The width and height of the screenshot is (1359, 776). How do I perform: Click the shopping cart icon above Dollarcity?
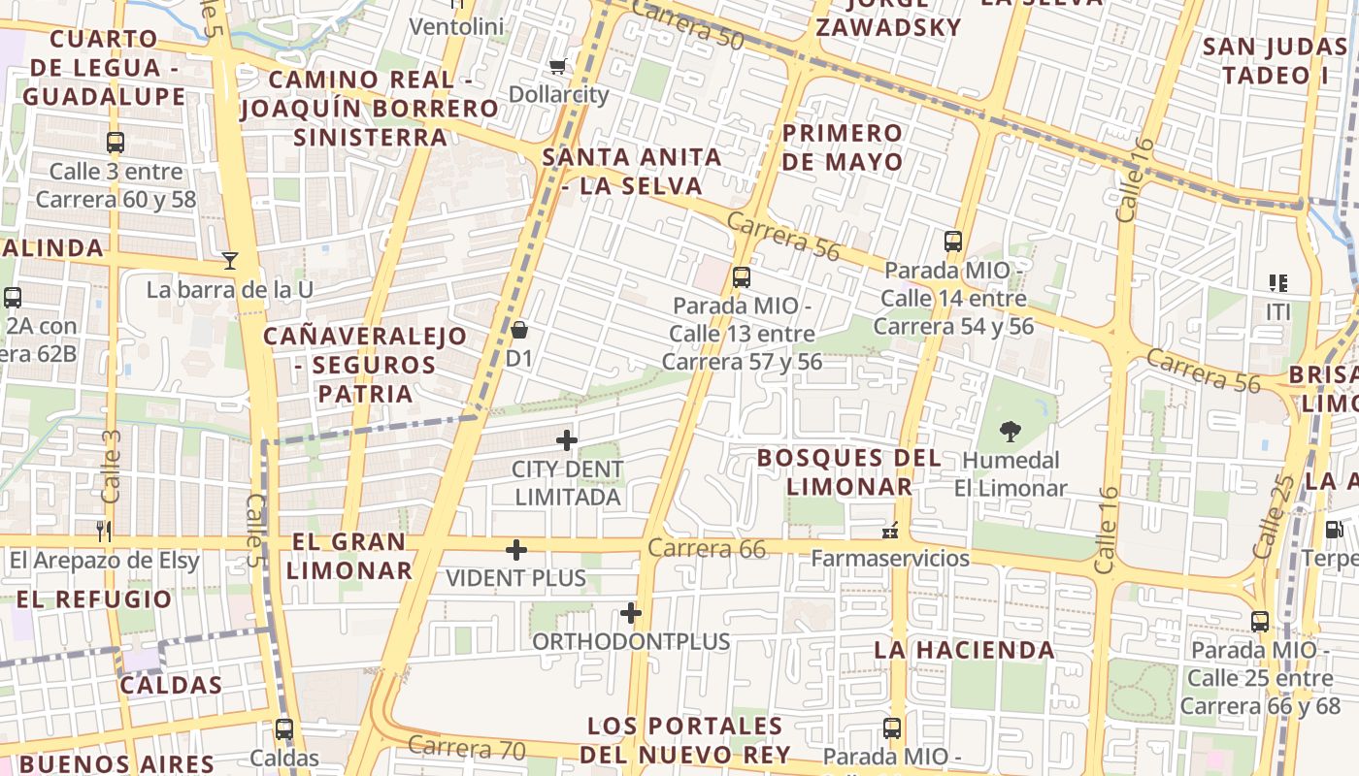click(557, 67)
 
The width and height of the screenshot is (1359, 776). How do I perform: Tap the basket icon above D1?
click(519, 330)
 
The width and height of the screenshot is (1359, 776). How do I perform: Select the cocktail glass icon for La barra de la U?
click(230, 260)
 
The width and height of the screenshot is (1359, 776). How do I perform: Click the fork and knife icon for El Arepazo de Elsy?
click(105, 531)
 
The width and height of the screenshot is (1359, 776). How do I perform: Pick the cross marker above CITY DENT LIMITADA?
click(567, 440)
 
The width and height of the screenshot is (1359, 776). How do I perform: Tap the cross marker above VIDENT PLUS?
click(516, 550)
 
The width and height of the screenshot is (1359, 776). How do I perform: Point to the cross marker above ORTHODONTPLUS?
click(631, 613)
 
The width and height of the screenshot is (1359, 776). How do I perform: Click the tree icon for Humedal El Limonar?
click(1010, 431)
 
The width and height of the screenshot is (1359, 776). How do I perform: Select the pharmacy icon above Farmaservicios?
click(889, 531)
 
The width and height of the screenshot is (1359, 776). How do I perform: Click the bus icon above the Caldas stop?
click(283, 728)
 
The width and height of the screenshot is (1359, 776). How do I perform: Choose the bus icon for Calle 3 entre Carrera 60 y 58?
click(116, 143)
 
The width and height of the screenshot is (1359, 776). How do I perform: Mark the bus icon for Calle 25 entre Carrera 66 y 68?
click(1260, 621)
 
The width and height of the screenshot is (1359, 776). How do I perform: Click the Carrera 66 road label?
click(707, 548)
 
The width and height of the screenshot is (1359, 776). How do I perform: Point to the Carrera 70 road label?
click(466, 748)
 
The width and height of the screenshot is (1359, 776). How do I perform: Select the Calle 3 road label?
click(111, 467)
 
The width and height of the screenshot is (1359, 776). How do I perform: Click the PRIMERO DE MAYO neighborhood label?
click(843, 147)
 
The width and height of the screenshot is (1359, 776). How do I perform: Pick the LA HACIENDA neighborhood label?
click(964, 650)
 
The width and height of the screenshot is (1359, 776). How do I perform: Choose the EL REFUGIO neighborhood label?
click(94, 599)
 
